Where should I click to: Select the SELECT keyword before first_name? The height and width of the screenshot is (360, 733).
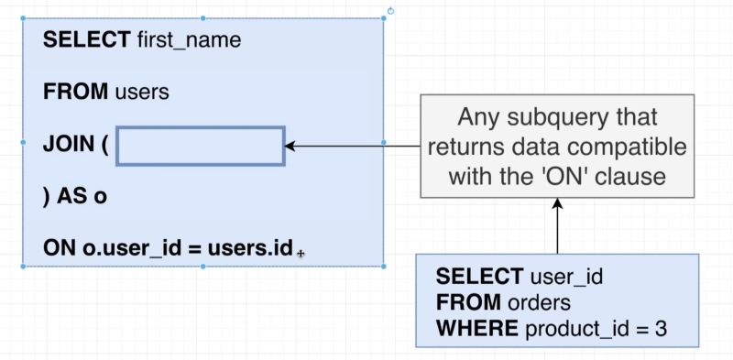(x=87, y=39)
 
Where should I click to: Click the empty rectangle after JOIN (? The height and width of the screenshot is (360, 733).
(x=201, y=147)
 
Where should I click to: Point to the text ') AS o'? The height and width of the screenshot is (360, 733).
(x=74, y=197)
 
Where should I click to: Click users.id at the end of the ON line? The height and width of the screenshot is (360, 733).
(x=249, y=248)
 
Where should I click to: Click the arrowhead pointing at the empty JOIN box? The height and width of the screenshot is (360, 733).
(x=292, y=147)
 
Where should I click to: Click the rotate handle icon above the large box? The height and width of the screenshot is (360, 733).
(x=391, y=11)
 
